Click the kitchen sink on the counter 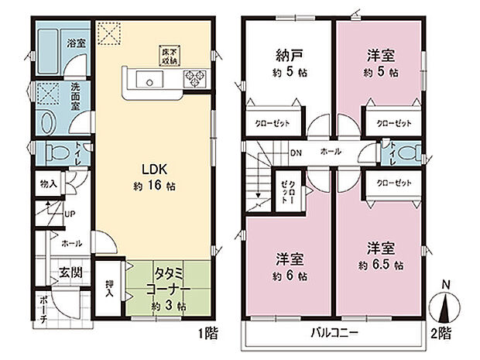pyautogui.click(x=146, y=80)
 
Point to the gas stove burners pyautogui.click(x=193, y=79)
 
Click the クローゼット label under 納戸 pyautogui.click(x=274, y=122)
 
